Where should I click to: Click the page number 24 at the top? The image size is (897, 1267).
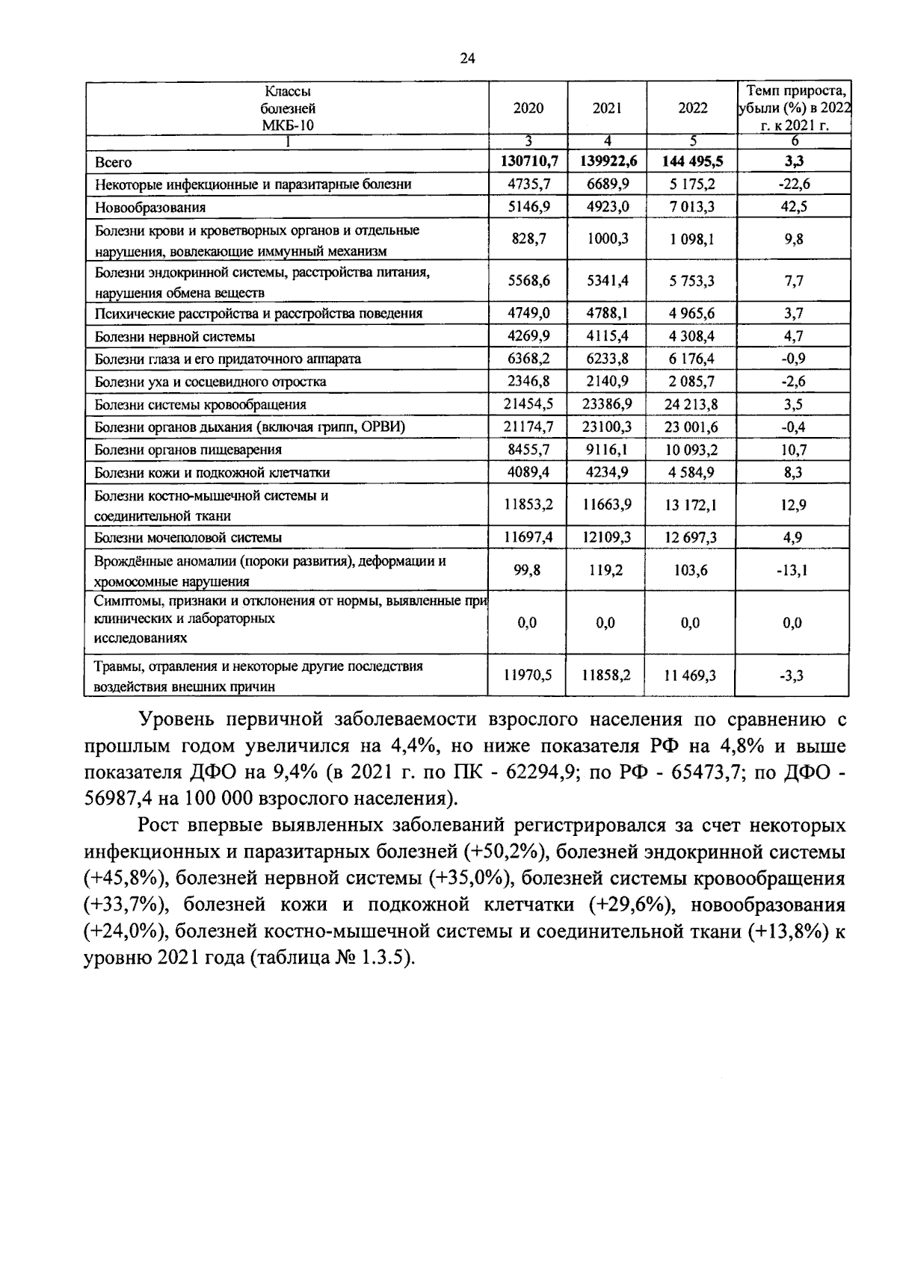tap(467, 58)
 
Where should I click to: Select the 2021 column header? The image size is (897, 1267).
tap(607, 108)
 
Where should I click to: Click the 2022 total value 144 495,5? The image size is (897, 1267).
tap(692, 161)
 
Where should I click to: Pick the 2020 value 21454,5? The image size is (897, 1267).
tap(528, 404)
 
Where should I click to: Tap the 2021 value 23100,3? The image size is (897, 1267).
tap(607, 427)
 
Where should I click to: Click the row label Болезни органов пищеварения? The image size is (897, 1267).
tap(188, 450)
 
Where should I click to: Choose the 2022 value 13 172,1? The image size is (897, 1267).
tap(692, 506)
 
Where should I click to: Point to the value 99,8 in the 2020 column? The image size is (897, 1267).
tap(528, 570)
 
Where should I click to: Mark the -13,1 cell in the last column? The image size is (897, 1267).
tap(793, 571)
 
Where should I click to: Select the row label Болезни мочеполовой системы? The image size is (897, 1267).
tap(188, 537)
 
